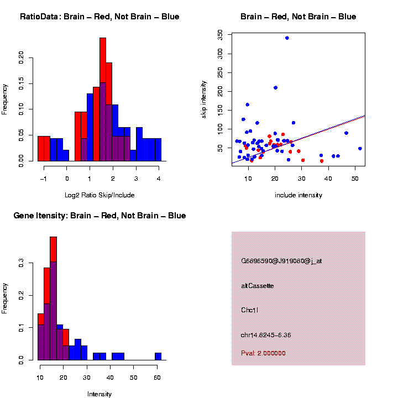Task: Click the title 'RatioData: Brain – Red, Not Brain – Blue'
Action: tap(99, 17)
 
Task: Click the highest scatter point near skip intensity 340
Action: tap(287, 38)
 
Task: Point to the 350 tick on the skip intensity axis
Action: tap(221, 34)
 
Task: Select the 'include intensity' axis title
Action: tap(298, 195)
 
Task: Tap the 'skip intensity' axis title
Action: tap(204, 97)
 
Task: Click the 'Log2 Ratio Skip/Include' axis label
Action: tap(99, 195)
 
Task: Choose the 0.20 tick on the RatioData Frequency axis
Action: tap(22, 57)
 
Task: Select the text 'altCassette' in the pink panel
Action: tap(258, 286)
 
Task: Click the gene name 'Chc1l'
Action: tap(250, 310)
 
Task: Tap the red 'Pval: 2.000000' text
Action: tap(263, 353)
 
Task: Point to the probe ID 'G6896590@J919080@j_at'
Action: tap(281, 261)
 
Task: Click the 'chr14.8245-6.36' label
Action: tap(266, 335)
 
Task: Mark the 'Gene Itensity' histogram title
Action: tap(99, 216)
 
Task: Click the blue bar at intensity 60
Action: tap(158, 357)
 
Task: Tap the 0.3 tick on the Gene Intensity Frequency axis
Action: tap(22, 264)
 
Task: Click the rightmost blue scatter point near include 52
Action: tap(360, 149)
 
